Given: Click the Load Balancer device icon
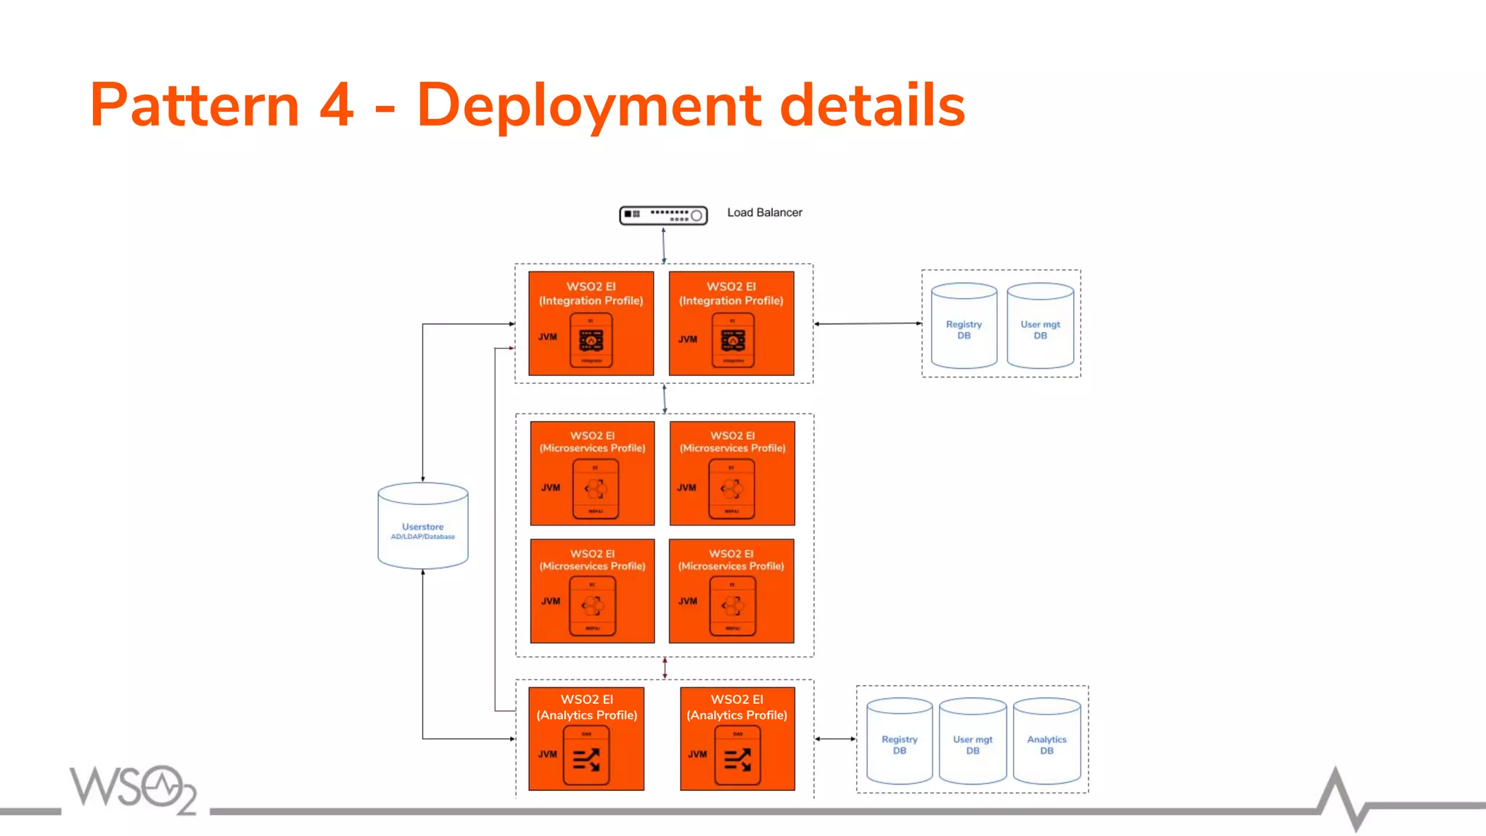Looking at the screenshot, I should (663, 216).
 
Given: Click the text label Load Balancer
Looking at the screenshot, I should (764, 213).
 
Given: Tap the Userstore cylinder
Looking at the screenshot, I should (423, 526).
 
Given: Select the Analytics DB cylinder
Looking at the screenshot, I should (1046, 742).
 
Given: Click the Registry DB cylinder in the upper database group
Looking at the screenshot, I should (964, 327).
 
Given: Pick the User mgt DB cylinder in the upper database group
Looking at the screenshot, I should (1040, 327).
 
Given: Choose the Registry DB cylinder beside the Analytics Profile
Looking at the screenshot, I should (899, 742).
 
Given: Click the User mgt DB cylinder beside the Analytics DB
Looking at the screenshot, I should (972, 742).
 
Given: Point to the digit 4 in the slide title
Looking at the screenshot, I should (336, 106).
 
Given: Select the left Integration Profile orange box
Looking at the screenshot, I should (591, 323).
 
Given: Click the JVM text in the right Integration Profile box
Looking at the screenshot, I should (687, 339).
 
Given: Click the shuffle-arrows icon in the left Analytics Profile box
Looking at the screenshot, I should (586, 760).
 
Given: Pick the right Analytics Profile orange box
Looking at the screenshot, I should (737, 738).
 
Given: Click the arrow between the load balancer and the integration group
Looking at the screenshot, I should (663, 245).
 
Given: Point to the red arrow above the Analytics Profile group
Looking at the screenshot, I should (665, 668).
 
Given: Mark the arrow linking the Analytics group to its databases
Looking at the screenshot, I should (835, 739).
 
